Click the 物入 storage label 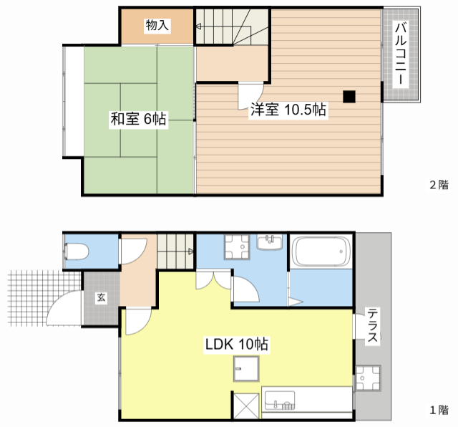(x=157, y=25)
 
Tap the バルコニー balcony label (x=401, y=54)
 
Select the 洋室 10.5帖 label (x=288, y=110)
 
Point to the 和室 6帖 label (x=138, y=119)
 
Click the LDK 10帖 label (x=237, y=344)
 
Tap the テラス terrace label (x=373, y=325)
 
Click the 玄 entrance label (x=101, y=297)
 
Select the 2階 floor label (x=439, y=185)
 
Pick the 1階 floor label (x=439, y=410)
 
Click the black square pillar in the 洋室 (x=349, y=97)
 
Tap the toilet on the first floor (x=77, y=251)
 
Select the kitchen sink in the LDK (x=280, y=400)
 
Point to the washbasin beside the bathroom (x=269, y=242)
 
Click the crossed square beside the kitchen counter (x=246, y=406)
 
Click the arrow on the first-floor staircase (x=190, y=251)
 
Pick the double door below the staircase (x=214, y=280)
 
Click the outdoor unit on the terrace (x=368, y=378)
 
